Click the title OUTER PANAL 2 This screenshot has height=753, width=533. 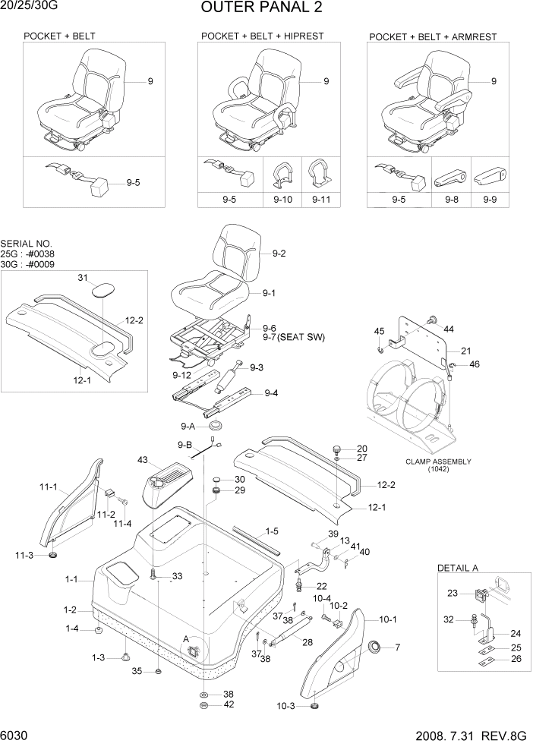click(x=261, y=8)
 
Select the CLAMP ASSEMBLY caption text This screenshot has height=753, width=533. click(x=438, y=462)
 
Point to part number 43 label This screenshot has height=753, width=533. click(x=143, y=461)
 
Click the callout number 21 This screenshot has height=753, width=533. click(x=465, y=351)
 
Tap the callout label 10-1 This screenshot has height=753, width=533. click(x=387, y=619)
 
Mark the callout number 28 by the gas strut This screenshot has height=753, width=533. click(x=307, y=642)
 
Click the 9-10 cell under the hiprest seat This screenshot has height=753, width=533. click(x=282, y=200)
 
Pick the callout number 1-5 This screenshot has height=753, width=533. click(x=272, y=531)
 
